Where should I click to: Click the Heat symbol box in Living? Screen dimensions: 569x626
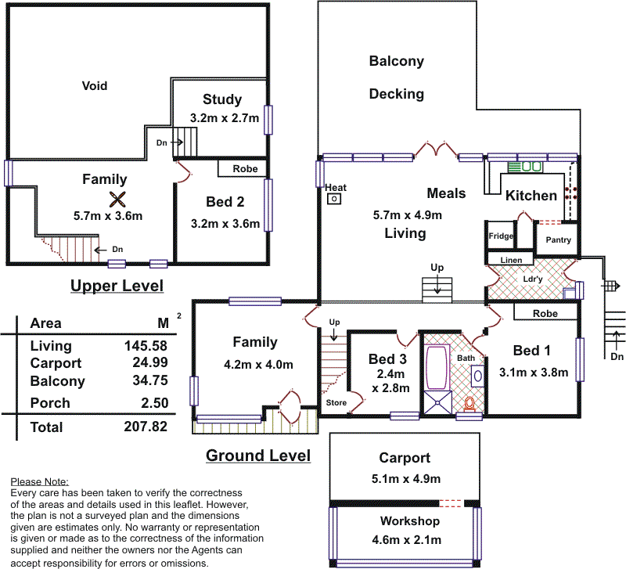coord(335,200)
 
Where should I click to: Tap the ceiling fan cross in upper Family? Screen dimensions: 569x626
coord(117,198)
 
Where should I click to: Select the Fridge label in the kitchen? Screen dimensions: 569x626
coord(501,236)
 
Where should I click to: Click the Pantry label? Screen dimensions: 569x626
coord(557,240)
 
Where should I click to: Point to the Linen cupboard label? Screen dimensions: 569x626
coord(510,260)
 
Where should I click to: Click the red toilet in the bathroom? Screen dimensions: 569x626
coord(469,404)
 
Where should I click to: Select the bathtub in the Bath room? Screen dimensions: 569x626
coord(434,369)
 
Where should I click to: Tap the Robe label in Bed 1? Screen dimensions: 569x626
coord(545,313)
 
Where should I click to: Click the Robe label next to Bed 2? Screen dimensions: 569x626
coord(244,168)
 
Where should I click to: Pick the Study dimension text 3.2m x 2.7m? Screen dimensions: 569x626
coord(221,117)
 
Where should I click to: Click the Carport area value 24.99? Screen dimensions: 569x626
coord(145,363)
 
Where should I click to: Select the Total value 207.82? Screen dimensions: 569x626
coord(145,427)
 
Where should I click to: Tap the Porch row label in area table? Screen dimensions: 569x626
coord(50,403)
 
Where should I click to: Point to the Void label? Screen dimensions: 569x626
coord(95,86)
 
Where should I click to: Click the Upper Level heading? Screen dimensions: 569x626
coord(117,286)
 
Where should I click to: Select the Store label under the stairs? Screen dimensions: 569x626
coord(336,403)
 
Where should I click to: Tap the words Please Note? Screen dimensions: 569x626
coord(40,481)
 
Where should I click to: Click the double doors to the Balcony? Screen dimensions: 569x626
coord(434,150)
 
